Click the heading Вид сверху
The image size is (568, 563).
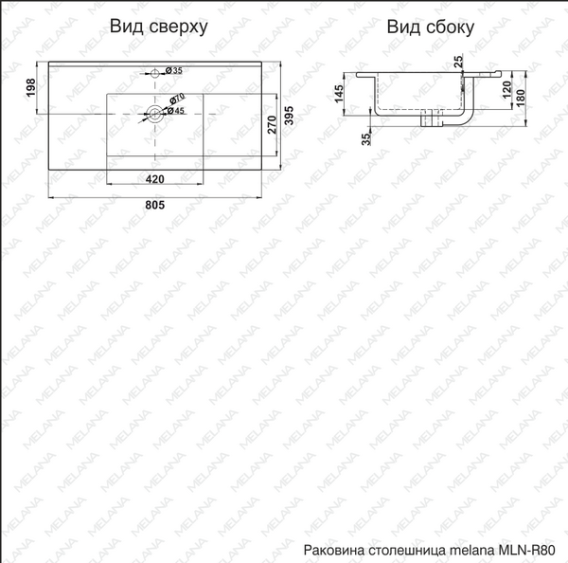point(159,27)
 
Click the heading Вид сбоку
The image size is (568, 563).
point(431,27)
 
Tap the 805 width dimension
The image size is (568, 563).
point(154,205)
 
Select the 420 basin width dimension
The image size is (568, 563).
point(154,179)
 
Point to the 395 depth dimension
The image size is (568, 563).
point(289,116)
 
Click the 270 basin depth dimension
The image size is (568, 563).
point(272,124)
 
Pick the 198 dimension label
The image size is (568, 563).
point(31,87)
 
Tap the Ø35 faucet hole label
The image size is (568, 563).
point(174,70)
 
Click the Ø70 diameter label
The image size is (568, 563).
point(177,100)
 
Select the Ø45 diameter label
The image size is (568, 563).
point(176,111)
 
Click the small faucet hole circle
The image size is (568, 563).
point(155,73)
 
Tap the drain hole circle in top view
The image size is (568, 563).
point(155,114)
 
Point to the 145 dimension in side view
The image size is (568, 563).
point(339,94)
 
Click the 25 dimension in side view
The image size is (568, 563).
point(458,61)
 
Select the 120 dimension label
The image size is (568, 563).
point(507,89)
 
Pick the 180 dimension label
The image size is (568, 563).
point(521,98)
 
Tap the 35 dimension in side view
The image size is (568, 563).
point(366,139)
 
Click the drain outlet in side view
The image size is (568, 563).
point(432,118)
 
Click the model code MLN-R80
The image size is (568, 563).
point(526,550)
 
